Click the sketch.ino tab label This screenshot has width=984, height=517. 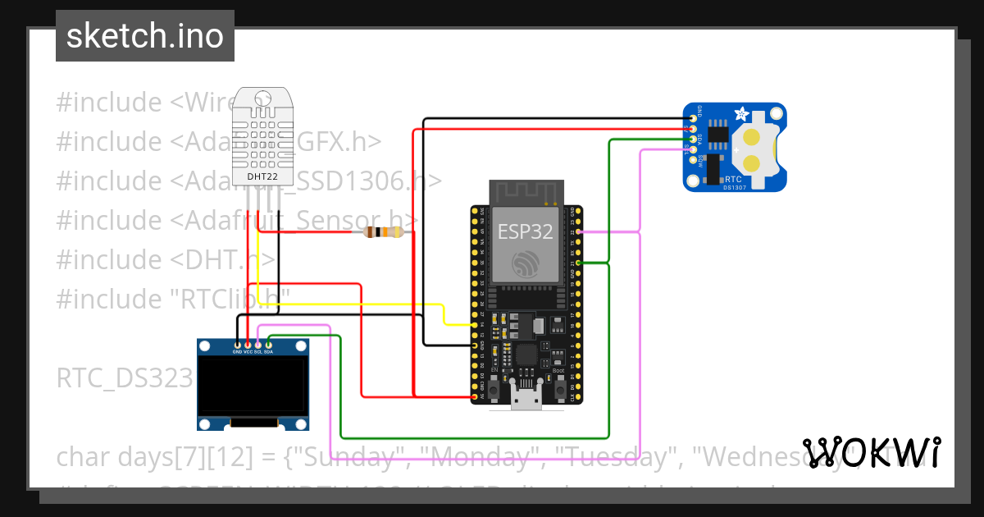[145, 36]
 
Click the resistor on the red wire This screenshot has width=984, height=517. [383, 232]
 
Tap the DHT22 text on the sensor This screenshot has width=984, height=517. [263, 175]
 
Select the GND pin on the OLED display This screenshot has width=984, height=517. [238, 345]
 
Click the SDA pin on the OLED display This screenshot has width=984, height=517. [269, 345]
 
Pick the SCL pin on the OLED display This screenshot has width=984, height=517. [258, 345]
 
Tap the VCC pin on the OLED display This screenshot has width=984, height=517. [248, 345]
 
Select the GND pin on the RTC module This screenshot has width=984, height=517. [694, 119]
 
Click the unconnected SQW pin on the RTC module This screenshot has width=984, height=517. [694, 160]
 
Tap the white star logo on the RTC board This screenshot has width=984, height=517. [740, 114]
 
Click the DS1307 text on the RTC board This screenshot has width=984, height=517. [735, 186]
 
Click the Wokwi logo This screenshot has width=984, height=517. [872, 452]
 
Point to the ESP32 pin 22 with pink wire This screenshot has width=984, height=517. [579, 232]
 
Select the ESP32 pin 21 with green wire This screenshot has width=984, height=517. [579, 263]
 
